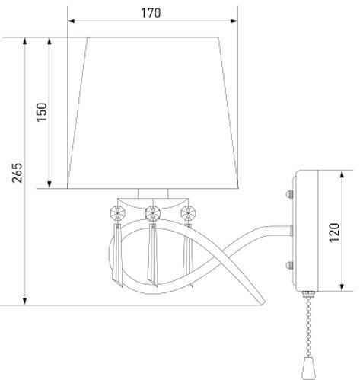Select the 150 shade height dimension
(41, 112)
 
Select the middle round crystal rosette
(153, 211)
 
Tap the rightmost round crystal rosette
(186, 211)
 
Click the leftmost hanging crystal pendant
(118, 251)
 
